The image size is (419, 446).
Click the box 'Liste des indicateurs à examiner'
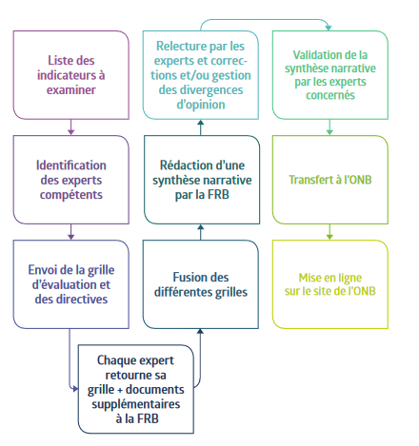[71, 75]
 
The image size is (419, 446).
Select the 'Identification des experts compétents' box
[71, 180]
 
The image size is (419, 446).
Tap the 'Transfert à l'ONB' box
[330, 180]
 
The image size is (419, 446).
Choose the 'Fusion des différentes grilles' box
[201, 284]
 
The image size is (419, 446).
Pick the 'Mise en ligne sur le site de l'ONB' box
[330, 284]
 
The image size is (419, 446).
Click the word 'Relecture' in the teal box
[178, 47]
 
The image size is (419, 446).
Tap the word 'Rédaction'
[181, 165]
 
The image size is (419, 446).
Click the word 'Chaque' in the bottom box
[115, 360]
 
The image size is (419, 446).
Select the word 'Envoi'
[42, 270]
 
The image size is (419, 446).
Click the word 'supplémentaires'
[136, 404]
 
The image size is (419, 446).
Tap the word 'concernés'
[330, 95]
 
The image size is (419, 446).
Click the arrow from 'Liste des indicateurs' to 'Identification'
[71, 127]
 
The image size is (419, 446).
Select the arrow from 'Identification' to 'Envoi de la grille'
[71, 232]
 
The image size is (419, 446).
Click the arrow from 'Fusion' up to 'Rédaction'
[201, 232]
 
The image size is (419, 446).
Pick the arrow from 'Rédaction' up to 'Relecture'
[201, 127]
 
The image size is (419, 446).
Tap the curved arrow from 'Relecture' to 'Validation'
[265, 20]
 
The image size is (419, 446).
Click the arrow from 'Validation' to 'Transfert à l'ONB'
[329, 127]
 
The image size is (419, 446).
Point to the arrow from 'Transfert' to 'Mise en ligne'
[329, 232]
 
